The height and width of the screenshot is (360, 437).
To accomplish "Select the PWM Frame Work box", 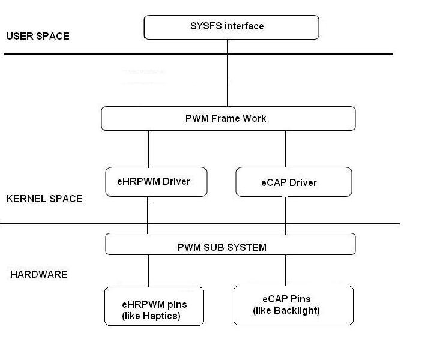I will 228,118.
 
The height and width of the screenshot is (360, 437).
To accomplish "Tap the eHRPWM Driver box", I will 156,181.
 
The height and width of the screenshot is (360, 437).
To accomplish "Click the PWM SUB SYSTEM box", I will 231,244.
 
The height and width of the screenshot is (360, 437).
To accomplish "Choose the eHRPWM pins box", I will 154,306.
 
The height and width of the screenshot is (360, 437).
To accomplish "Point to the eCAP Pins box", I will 293,305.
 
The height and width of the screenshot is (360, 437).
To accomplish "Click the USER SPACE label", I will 37,36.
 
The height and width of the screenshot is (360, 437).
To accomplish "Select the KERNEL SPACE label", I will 44,199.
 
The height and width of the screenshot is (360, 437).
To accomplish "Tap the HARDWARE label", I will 39,274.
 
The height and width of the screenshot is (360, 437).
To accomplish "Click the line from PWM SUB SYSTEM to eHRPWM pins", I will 148,271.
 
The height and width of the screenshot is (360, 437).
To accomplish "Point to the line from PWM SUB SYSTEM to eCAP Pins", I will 285,270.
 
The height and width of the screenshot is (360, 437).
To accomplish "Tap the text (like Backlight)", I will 286,310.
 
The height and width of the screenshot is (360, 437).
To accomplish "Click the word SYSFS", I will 203,26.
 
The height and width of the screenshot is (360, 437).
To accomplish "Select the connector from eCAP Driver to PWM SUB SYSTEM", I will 285,215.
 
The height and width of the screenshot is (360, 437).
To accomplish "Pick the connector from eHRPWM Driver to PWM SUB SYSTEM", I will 148,215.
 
